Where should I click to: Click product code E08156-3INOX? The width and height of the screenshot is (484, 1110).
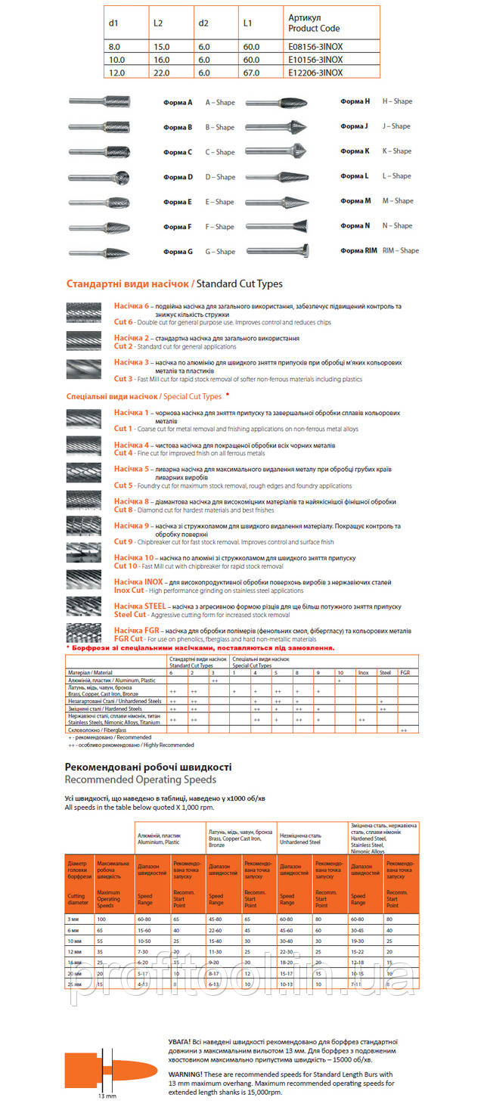click(315, 46)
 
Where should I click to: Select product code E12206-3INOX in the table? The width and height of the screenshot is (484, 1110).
click(315, 73)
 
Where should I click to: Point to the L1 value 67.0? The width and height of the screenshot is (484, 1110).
click(251, 73)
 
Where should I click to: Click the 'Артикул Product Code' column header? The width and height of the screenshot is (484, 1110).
click(314, 23)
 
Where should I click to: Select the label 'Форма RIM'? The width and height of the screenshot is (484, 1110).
click(358, 250)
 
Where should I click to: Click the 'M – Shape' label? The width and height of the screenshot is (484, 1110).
click(398, 201)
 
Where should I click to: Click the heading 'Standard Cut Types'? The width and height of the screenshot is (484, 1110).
click(239, 284)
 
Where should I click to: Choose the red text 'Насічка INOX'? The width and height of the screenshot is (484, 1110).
click(138, 582)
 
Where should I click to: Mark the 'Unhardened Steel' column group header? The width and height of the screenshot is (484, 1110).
click(302, 841)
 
